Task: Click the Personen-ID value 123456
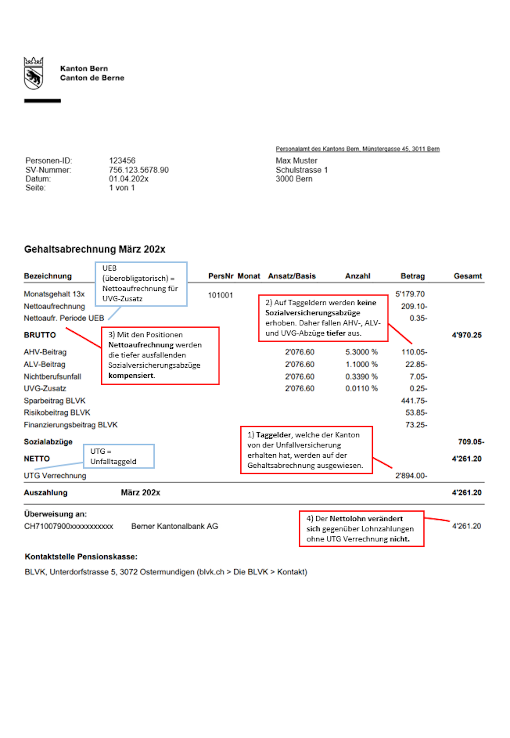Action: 122,161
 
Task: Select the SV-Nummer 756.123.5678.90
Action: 139,170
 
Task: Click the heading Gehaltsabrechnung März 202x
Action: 95,249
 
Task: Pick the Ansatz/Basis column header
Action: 292,276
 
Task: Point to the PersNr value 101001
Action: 220,295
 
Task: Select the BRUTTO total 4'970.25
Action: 466,335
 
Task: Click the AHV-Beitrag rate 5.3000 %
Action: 362,352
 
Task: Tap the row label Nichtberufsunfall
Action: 52,377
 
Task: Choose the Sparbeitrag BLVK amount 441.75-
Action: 414,401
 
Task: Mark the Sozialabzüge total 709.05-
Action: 471,442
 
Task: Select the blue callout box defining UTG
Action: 119,456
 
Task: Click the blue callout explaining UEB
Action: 141,284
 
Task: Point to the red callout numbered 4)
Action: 362,529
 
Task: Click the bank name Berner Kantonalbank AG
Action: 175,526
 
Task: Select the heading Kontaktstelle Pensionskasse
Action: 81,557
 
